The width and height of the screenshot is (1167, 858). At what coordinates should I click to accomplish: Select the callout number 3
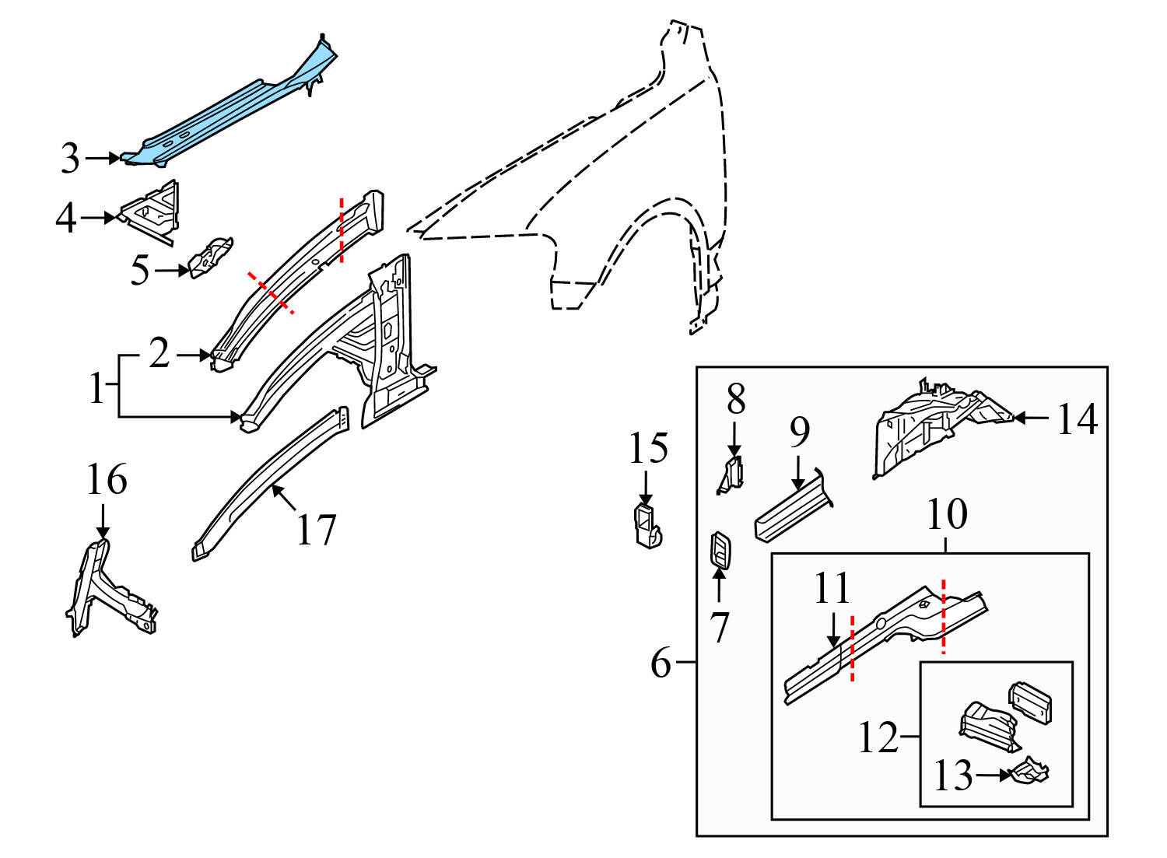pyautogui.click(x=70, y=159)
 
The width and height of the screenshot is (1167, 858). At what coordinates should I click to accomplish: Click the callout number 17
pyautogui.click(x=317, y=531)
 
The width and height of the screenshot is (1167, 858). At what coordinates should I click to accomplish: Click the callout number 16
pyautogui.click(x=107, y=480)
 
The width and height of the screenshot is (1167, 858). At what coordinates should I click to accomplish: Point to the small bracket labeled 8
pyautogui.click(x=731, y=475)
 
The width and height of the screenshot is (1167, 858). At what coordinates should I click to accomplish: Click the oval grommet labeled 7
pyautogui.click(x=720, y=552)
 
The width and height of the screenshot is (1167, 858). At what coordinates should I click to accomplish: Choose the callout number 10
pyautogui.click(x=947, y=514)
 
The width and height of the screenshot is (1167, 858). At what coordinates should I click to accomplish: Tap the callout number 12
pyautogui.click(x=878, y=736)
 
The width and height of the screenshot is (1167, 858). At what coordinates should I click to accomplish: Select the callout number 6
pyautogui.click(x=660, y=663)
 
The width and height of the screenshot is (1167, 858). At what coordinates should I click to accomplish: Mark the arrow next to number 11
pyautogui.click(x=833, y=630)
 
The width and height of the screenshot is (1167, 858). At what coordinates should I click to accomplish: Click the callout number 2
pyautogui.click(x=159, y=354)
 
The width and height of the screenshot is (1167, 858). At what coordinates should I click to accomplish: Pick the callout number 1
pyautogui.click(x=96, y=387)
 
